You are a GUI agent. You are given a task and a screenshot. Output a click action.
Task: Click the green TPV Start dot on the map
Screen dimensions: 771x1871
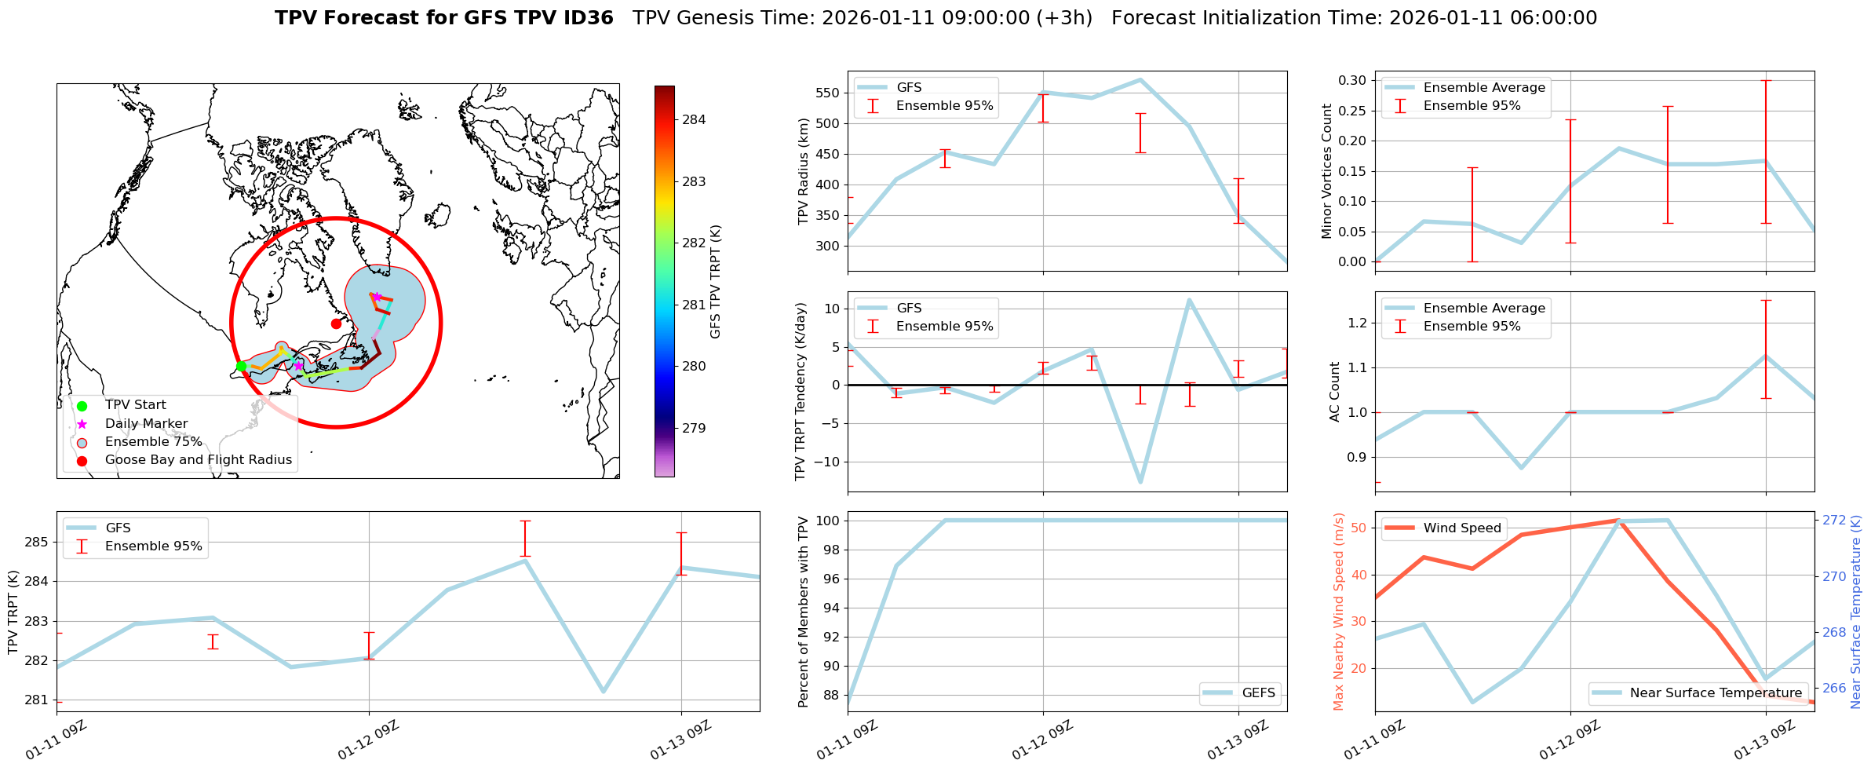(241, 366)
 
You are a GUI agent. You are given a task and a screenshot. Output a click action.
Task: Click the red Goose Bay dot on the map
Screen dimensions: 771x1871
(336, 323)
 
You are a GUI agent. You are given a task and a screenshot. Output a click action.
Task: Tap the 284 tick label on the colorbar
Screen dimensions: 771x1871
(694, 120)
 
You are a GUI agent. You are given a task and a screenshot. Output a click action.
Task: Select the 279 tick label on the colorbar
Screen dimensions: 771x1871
(694, 429)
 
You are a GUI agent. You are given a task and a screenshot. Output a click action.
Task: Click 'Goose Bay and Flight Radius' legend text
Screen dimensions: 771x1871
(198, 460)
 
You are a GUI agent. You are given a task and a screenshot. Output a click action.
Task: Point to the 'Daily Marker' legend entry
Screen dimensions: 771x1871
(146, 424)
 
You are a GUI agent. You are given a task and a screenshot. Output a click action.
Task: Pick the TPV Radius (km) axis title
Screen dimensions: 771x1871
(803, 171)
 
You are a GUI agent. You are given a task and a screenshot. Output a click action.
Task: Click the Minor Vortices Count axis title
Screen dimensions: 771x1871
(1326, 171)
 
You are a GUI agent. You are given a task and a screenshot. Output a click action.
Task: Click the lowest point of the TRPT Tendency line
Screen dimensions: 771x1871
(1140, 482)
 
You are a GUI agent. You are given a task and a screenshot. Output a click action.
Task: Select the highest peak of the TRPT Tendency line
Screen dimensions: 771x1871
(1189, 299)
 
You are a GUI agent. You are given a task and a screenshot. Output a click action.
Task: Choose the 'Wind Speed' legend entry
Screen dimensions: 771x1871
(1461, 528)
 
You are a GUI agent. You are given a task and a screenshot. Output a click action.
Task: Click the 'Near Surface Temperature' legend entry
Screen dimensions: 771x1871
(1716, 693)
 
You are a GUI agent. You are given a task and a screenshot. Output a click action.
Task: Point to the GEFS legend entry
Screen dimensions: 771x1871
(1258, 693)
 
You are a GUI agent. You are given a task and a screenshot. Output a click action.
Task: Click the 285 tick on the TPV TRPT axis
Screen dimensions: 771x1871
(38, 543)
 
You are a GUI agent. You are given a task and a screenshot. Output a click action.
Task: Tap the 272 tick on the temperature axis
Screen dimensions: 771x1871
(1834, 521)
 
